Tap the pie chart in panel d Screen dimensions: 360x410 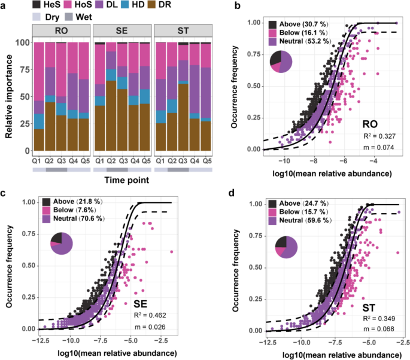click(x=285, y=248)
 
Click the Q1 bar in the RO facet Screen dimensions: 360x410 click(x=39, y=96)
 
